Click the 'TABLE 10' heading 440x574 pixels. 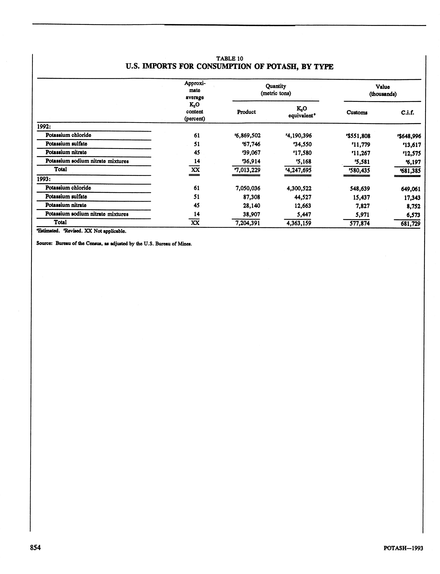coord(229,59)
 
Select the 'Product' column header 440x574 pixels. coord(246,112)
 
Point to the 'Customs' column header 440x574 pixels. coord(357,113)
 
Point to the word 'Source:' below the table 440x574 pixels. coord(45,244)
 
